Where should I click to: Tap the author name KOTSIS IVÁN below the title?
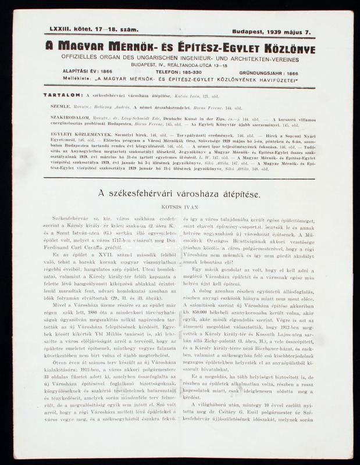178,206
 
